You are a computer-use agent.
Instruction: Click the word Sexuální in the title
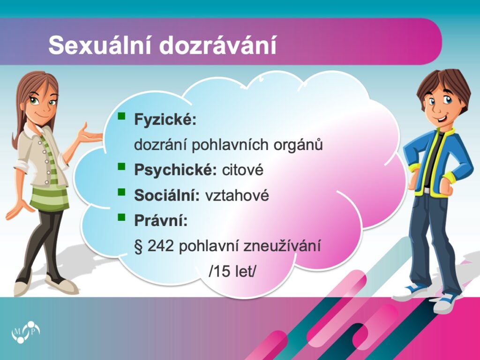(100, 45)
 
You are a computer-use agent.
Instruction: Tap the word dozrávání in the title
(217, 45)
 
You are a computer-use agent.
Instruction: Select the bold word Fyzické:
(165, 120)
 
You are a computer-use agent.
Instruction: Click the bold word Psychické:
(175, 170)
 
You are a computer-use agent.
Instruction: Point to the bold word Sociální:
(167, 195)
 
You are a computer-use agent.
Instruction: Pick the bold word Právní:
(161, 220)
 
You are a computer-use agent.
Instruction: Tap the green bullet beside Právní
(121, 217)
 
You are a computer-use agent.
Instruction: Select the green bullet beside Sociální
(121, 192)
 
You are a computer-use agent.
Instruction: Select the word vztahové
(237, 195)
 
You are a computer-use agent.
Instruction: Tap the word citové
(243, 170)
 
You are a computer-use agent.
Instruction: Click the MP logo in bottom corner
(26, 332)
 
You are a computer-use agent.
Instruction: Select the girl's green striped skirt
(50, 199)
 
